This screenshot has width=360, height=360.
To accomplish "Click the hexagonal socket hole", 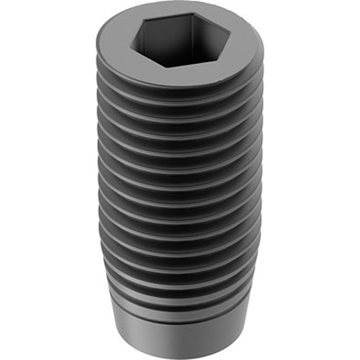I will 181,42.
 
